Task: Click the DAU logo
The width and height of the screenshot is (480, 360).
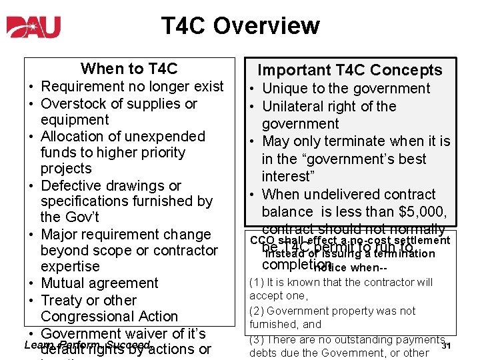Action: coord(34,27)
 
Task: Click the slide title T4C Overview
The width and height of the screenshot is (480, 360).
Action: coord(240,26)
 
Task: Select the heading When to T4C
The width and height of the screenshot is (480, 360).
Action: coord(129,69)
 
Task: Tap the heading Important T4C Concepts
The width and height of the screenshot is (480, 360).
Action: coord(349,70)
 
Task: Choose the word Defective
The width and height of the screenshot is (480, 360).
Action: coord(70,185)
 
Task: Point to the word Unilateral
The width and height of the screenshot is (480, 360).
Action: coord(295,106)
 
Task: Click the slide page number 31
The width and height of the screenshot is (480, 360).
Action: coord(447,345)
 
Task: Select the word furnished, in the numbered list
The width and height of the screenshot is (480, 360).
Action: coord(275,325)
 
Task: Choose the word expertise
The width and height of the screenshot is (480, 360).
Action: coord(70,266)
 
